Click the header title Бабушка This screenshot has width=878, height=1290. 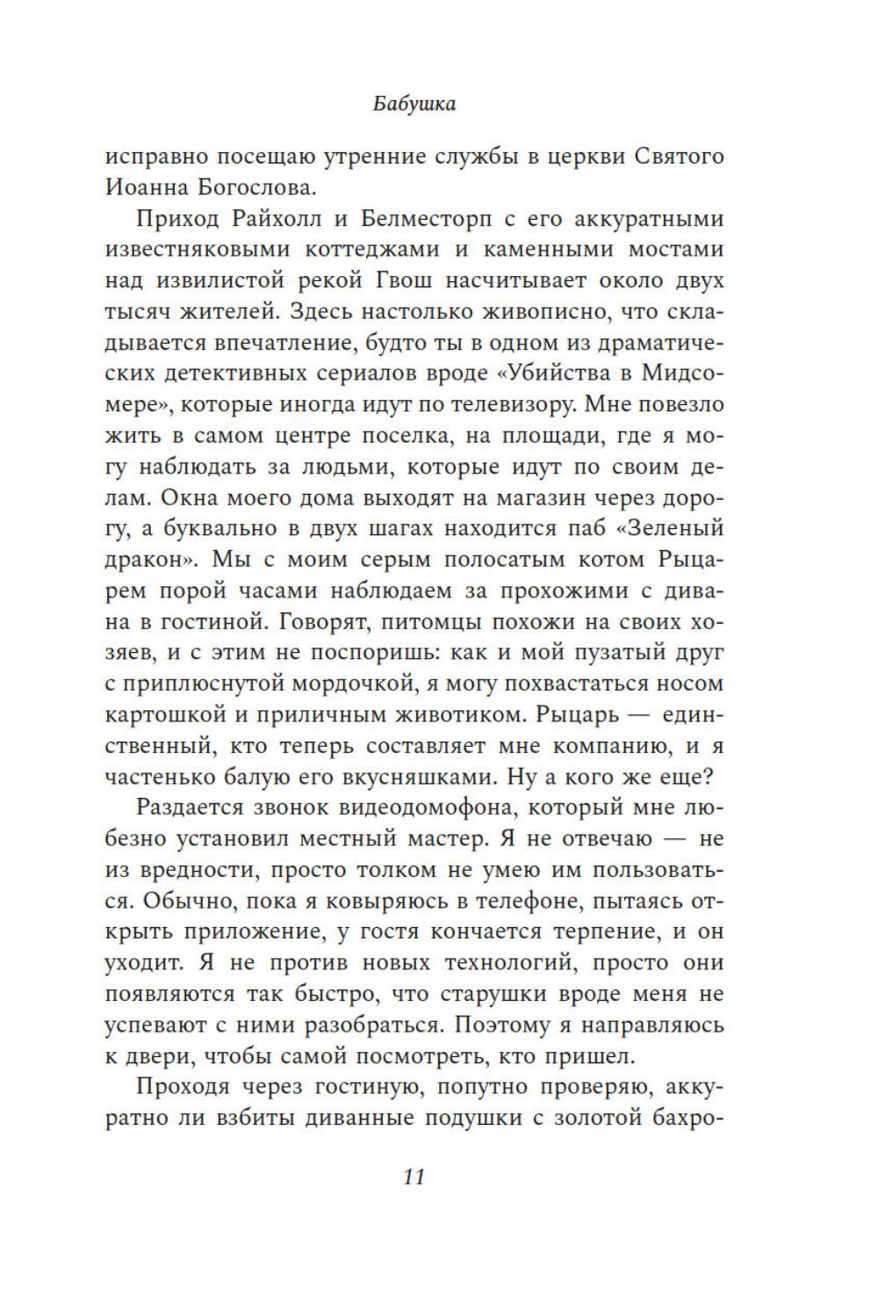pos(414,104)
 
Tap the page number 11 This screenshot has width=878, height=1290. pos(414,1177)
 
